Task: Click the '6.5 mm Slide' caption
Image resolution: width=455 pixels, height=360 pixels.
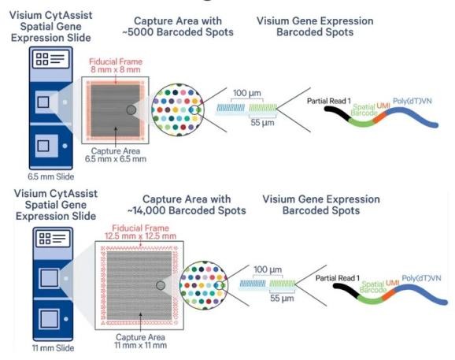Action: pyautogui.click(x=51, y=176)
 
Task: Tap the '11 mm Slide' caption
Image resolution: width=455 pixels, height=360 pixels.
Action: pyautogui.click(x=53, y=348)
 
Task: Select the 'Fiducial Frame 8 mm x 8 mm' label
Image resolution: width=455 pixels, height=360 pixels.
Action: pyautogui.click(x=116, y=65)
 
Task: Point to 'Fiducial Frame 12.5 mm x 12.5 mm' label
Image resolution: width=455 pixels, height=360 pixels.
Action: pyautogui.click(x=140, y=232)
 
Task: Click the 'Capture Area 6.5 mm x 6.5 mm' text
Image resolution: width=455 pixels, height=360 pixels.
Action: pyautogui.click(x=116, y=155)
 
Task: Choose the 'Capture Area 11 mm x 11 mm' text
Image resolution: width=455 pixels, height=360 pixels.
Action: pyautogui.click(x=140, y=341)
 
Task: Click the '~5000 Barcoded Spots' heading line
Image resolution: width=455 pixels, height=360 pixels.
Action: pyautogui.click(x=178, y=32)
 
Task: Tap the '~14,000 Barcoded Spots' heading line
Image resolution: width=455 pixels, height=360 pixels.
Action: pyautogui.click(x=187, y=210)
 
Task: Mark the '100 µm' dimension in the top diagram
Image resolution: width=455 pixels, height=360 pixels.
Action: pyautogui.click(x=247, y=93)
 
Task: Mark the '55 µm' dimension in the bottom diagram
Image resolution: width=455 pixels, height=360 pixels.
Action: pyautogui.click(x=282, y=299)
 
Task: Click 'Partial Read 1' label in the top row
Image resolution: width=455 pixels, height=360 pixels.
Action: pyautogui.click(x=329, y=101)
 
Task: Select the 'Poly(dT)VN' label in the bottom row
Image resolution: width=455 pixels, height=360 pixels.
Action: pyautogui.click(x=421, y=278)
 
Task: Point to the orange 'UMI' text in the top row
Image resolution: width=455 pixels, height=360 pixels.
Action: pyautogui.click(x=383, y=106)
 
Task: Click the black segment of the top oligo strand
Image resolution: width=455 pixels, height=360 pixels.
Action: pyautogui.click(x=338, y=113)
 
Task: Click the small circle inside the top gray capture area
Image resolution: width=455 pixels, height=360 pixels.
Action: pyautogui.click(x=131, y=109)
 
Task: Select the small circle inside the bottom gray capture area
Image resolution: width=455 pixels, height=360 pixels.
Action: pyautogui.click(x=161, y=285)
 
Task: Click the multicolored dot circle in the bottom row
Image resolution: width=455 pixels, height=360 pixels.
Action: pyautogui.click(x=204, y=285)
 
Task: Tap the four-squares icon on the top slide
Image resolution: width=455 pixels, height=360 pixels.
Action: pyautogui.click(x=42, y=59)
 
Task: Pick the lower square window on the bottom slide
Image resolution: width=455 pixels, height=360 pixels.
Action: pyautogui.click(x=49, y=319)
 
